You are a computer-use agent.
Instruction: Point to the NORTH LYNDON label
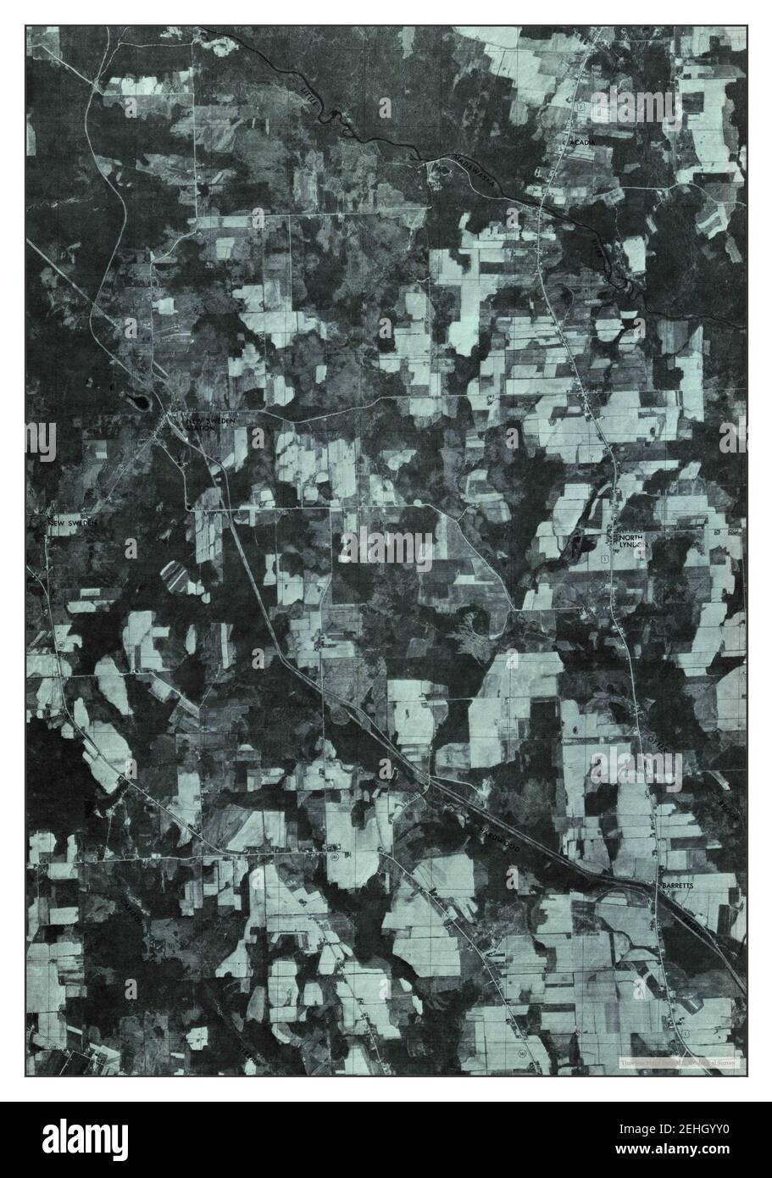tap(634, 542)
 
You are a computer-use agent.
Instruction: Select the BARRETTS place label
tap(678, 885)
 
